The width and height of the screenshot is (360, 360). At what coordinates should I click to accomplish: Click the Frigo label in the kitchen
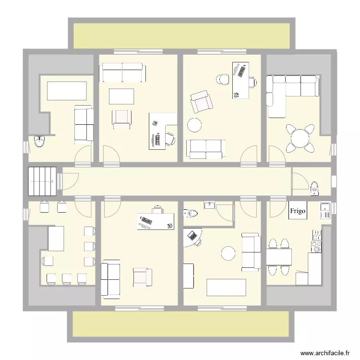298,211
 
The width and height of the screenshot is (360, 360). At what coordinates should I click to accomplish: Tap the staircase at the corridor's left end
42,181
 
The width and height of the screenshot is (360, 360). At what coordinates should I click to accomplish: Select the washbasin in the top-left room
40,141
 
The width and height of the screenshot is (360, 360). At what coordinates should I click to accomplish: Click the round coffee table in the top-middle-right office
195,125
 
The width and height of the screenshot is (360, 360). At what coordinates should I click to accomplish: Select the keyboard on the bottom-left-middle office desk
146,221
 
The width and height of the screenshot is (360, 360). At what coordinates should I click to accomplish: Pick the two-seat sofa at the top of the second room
122,73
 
